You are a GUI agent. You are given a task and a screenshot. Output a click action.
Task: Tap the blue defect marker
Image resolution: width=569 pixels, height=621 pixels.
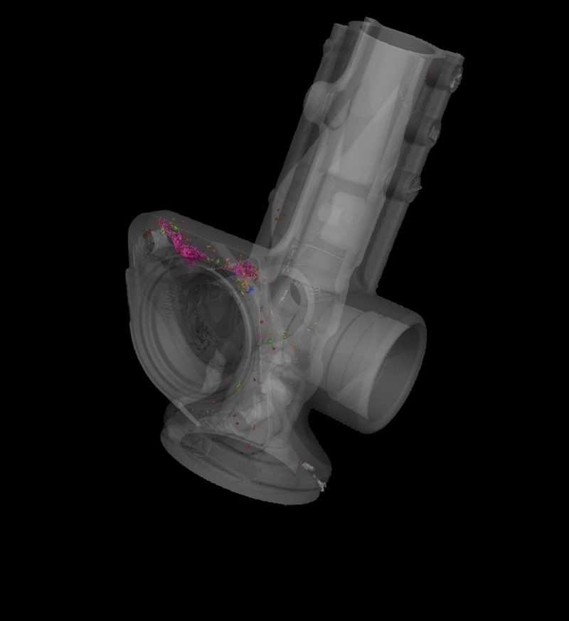pyautogui.click(x=251, y=289)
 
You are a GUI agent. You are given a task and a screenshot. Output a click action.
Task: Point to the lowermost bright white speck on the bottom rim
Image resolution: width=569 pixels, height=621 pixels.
pyautogui.click(x=320, y=488)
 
